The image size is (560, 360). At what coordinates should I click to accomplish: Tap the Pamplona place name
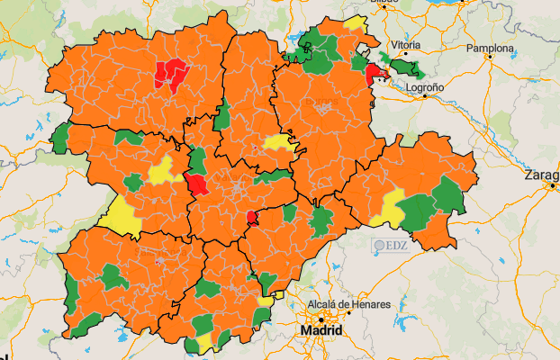[x=490, y=48]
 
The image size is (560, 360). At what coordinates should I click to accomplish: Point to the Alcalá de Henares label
[x=349, y=305]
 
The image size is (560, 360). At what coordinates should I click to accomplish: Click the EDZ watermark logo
[x=393, y=244]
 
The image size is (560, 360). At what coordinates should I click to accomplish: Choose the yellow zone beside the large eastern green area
[x=391, y=207]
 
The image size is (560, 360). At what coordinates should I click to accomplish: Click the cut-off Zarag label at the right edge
[x=543, y=175]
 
